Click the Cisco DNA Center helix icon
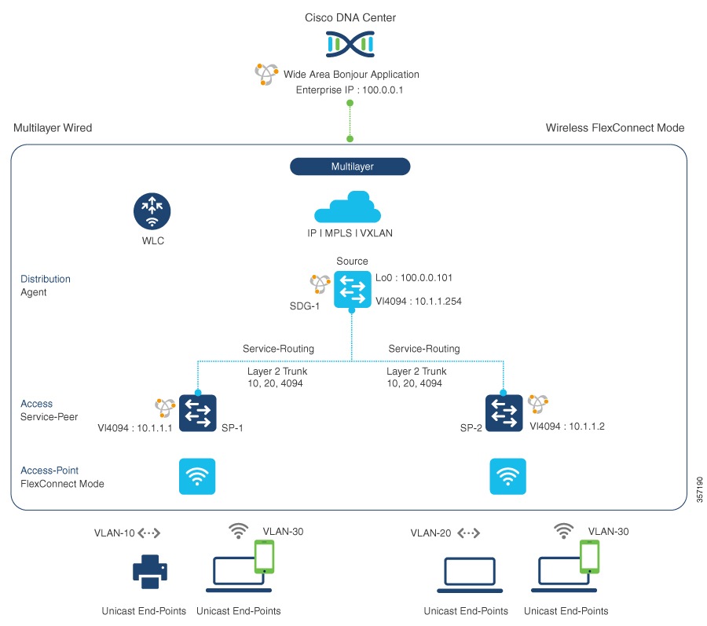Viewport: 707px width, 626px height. (x=350, y=45)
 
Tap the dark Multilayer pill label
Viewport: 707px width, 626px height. (x=350, y=167)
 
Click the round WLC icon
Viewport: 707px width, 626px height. (x=151, y=214)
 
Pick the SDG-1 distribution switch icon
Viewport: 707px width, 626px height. (x=351, y=289)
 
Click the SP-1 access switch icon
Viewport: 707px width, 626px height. (x=197, y=413)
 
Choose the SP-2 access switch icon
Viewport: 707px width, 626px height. (x=504, y=413)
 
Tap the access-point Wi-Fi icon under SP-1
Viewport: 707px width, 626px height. (x=197, y=477)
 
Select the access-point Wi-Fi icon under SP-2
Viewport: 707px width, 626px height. (x=507, y=477)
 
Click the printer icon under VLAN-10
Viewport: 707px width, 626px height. (x=149, y=571)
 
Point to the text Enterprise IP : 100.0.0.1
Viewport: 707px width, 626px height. (x=349, y=90)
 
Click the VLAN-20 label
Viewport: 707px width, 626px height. (x=430, y=533)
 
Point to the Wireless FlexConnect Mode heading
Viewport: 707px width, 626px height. (x=615, y=128)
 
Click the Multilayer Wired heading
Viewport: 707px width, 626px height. (x=53, y=128)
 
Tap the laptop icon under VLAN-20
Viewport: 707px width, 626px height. (x=469, y=574)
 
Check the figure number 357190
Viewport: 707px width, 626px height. (x=699, y=492)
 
